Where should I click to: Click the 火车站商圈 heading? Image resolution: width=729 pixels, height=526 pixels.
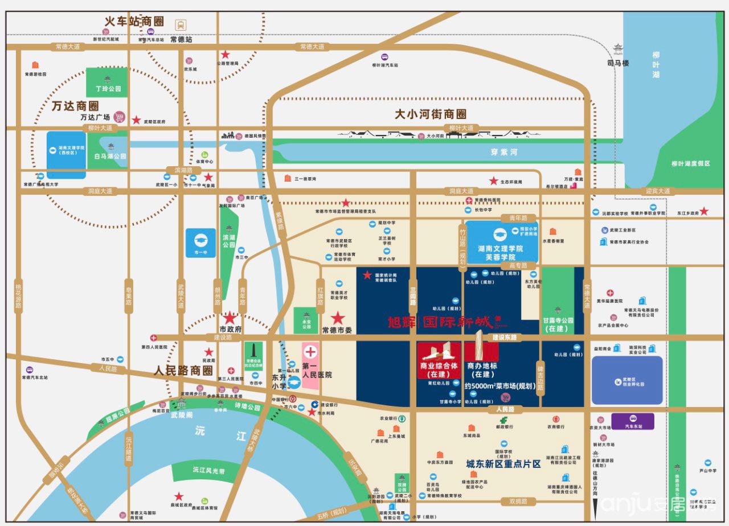tap(134, 22)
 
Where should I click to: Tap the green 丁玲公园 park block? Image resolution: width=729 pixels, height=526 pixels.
tap(107, 82)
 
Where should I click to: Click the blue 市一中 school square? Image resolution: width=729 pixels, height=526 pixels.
tap(200, 243)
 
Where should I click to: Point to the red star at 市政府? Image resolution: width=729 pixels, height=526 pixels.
tap(230, 318)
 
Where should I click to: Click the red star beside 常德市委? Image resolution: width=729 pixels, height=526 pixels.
tap(338, 318)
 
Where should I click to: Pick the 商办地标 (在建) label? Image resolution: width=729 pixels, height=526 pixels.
tap(482, 370)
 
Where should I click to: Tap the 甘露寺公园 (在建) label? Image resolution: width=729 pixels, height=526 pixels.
tap(558, 324)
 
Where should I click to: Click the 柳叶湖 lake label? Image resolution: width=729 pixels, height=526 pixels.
tap(657, 65)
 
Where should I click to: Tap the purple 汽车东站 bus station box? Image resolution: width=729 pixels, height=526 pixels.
tap(632, 421)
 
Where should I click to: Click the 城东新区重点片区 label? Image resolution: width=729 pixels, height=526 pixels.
tap(503, 464)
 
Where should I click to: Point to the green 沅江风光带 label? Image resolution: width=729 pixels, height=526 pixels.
tap(208, 471)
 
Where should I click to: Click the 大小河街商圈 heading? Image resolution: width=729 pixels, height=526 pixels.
tap(431, 114)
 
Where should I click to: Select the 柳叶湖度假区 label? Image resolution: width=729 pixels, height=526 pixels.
tap(691, 163)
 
